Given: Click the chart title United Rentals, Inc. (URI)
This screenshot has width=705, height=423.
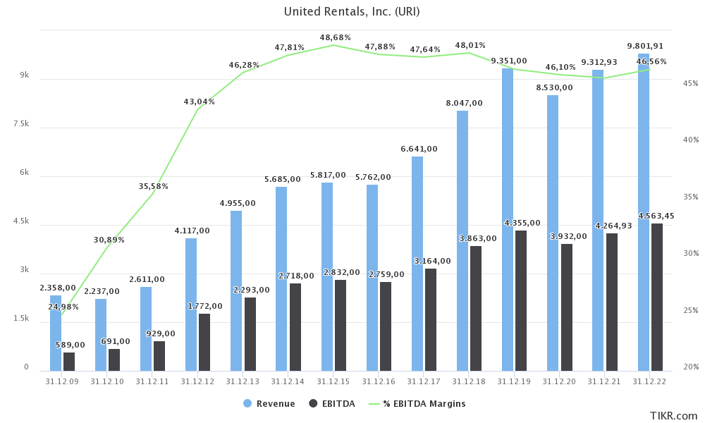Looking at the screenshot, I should tap(352, 11).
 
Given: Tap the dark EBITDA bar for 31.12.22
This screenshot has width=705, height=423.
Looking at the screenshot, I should tap(657, 297).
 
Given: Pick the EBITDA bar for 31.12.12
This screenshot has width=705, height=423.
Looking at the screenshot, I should tap(204, 342).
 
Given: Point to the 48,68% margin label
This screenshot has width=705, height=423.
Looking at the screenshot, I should tap(336, 37).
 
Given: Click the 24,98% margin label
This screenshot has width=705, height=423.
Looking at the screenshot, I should tap(63, 307).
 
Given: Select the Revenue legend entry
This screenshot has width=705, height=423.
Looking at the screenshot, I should tap(269, 404).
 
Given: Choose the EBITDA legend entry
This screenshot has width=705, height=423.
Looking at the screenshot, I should tap(332, 404).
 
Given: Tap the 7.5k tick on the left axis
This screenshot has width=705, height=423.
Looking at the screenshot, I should tap(21, 124).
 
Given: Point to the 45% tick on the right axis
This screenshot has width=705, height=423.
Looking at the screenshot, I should tap(690, 83).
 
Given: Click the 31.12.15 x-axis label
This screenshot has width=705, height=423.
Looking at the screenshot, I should tap(333, 381).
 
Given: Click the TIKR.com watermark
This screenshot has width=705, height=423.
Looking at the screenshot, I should tap(673, 416).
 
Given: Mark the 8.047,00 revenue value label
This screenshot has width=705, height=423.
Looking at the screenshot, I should tap(464, 103).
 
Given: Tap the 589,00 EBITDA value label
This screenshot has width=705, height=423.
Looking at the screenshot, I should tap(69, 345).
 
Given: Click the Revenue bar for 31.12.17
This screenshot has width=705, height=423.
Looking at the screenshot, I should tap(417, 264).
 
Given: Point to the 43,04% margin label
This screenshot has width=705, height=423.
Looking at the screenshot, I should tap(200, 102).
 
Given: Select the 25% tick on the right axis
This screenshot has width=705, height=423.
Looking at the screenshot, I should tap(690, 310).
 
